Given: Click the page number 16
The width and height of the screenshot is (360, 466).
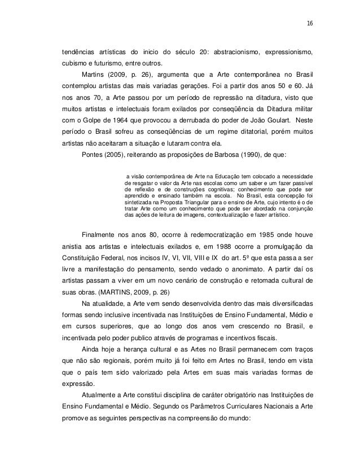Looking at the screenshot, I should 310,24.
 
